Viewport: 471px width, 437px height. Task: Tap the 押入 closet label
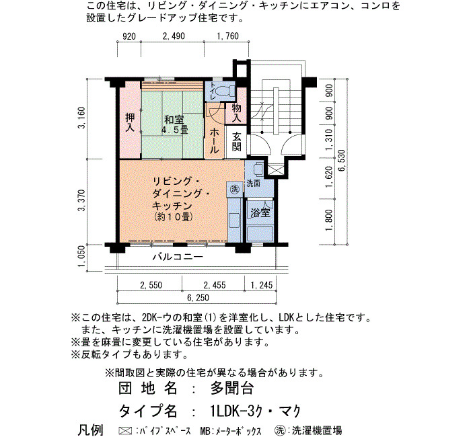point(130,122)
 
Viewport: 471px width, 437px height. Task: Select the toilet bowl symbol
point(223,90)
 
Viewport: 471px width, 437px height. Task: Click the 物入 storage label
point(237,113)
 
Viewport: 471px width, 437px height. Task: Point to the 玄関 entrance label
point(237,142)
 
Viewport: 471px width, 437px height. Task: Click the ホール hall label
point(214,141)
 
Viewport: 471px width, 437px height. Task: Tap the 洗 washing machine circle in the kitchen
point(234,189)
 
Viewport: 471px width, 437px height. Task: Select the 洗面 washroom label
point(254,183)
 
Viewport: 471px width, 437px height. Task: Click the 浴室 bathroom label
point(260,213)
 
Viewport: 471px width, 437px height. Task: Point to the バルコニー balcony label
point(178,257)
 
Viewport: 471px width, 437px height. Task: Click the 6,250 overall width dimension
point(198,298)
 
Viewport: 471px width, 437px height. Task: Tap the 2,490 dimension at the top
point(174,36)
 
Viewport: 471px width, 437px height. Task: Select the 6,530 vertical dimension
point(342,161)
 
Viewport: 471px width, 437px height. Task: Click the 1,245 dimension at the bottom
point(262,285)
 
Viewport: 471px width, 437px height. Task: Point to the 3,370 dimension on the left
point(81,200)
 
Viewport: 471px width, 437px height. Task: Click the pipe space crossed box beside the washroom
point(276,170)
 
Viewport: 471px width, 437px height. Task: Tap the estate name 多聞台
point(232,388)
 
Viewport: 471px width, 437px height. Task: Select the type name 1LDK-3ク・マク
point(255,411)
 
